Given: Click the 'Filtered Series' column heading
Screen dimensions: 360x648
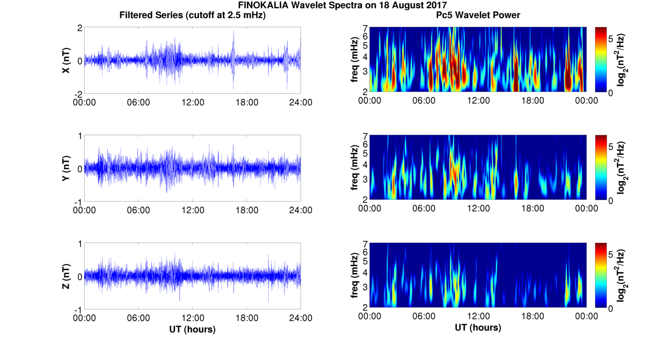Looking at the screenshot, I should coord(192,15).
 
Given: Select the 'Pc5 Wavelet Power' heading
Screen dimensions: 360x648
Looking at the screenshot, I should coord(478,15).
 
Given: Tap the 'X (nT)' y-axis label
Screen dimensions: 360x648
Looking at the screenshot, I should coord(66,60).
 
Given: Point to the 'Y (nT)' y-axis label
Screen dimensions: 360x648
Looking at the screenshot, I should coord(66,168).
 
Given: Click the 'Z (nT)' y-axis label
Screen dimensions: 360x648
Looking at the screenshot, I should coord(66,276).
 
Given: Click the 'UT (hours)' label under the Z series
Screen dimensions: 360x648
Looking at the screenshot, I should coord(192,329).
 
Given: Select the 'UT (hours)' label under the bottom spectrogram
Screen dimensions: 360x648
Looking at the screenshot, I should coord(478,328).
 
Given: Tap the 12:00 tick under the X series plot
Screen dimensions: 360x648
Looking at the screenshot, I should coord(192,102).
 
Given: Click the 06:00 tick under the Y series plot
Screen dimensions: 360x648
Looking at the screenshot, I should coord(138,210).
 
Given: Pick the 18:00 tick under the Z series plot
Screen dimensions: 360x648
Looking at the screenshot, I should coord(247,318).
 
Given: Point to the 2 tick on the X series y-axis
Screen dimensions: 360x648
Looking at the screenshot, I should coord(80,28).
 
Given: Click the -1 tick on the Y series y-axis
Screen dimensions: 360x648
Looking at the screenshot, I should coord(78,202).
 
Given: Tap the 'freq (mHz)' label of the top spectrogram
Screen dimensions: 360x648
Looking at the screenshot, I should coord(354,60).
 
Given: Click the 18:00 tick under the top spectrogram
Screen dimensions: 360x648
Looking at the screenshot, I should coord(532,101).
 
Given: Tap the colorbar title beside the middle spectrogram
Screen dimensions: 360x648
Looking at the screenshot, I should coord(621,168).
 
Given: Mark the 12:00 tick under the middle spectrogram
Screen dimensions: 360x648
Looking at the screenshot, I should coord(478,208).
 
